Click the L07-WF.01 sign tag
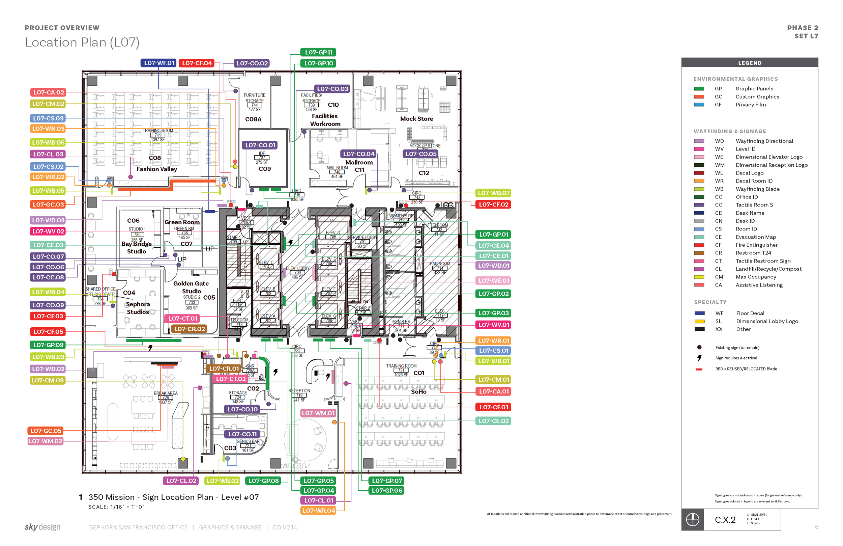click(159, 63)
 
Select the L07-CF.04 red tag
click(197, 63)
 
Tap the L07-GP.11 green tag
click(318, 52)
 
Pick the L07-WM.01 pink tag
click(318, 413)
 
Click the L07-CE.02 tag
click(493, 421)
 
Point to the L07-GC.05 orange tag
click(46, 431)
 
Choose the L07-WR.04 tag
click(318, 511)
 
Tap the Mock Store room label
click(416, 119)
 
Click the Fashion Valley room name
click(156, 169)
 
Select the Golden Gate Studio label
click(191, 287)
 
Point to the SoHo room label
click(419, 392)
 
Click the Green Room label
click(182, 222)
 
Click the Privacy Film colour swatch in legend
click(699, 105)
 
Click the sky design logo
click(42, 527)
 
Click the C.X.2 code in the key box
click(725, 520)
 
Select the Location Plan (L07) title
click(82, 42)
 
